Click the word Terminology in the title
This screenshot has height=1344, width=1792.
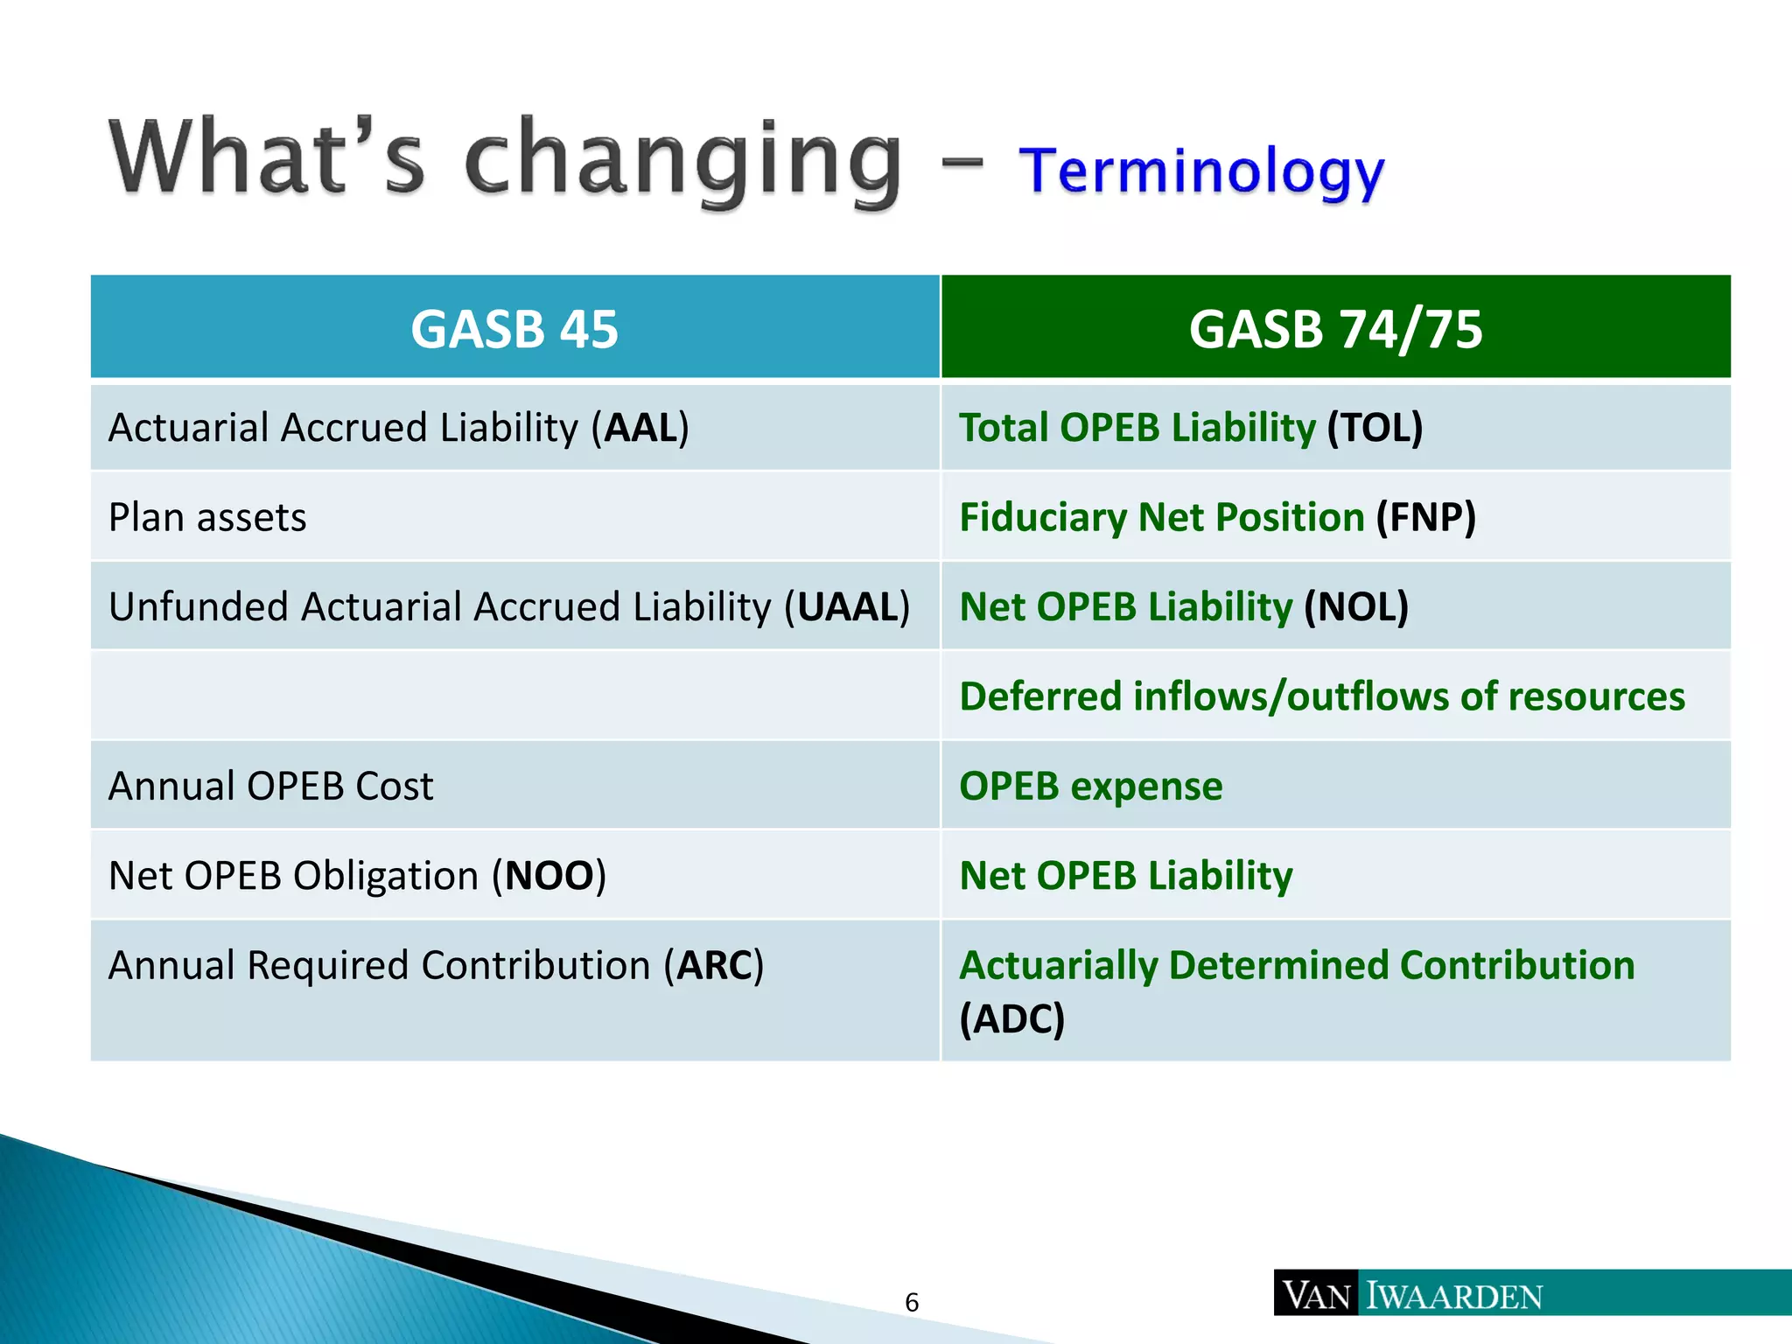click(x=1201, y=171)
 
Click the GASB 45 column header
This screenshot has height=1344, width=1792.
click(x=514, y=329)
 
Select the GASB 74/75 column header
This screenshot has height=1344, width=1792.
click(x=1335, y=329)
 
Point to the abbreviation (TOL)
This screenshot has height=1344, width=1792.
click(x=1375, y=429)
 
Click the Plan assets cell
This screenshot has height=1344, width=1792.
click(x=207, y=518)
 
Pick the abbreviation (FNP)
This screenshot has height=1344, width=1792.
click(x=1425, y=518)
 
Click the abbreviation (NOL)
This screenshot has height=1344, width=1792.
click(x=1356, y=607)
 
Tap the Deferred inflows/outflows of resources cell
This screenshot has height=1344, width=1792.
click(x=1321, y=697)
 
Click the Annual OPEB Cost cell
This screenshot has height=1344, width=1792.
click(x=270, y=787)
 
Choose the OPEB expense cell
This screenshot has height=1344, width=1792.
click(x=1090, y=787)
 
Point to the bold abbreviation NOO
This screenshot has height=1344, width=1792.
click(x=549, y=876)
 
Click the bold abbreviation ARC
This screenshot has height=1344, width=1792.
click(x=714, y=966)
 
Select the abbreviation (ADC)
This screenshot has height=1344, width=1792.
click(x=1012, y=1019)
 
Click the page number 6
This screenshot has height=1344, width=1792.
click(x=912, y=1303)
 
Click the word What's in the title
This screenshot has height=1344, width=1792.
click(x=267, y=157)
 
